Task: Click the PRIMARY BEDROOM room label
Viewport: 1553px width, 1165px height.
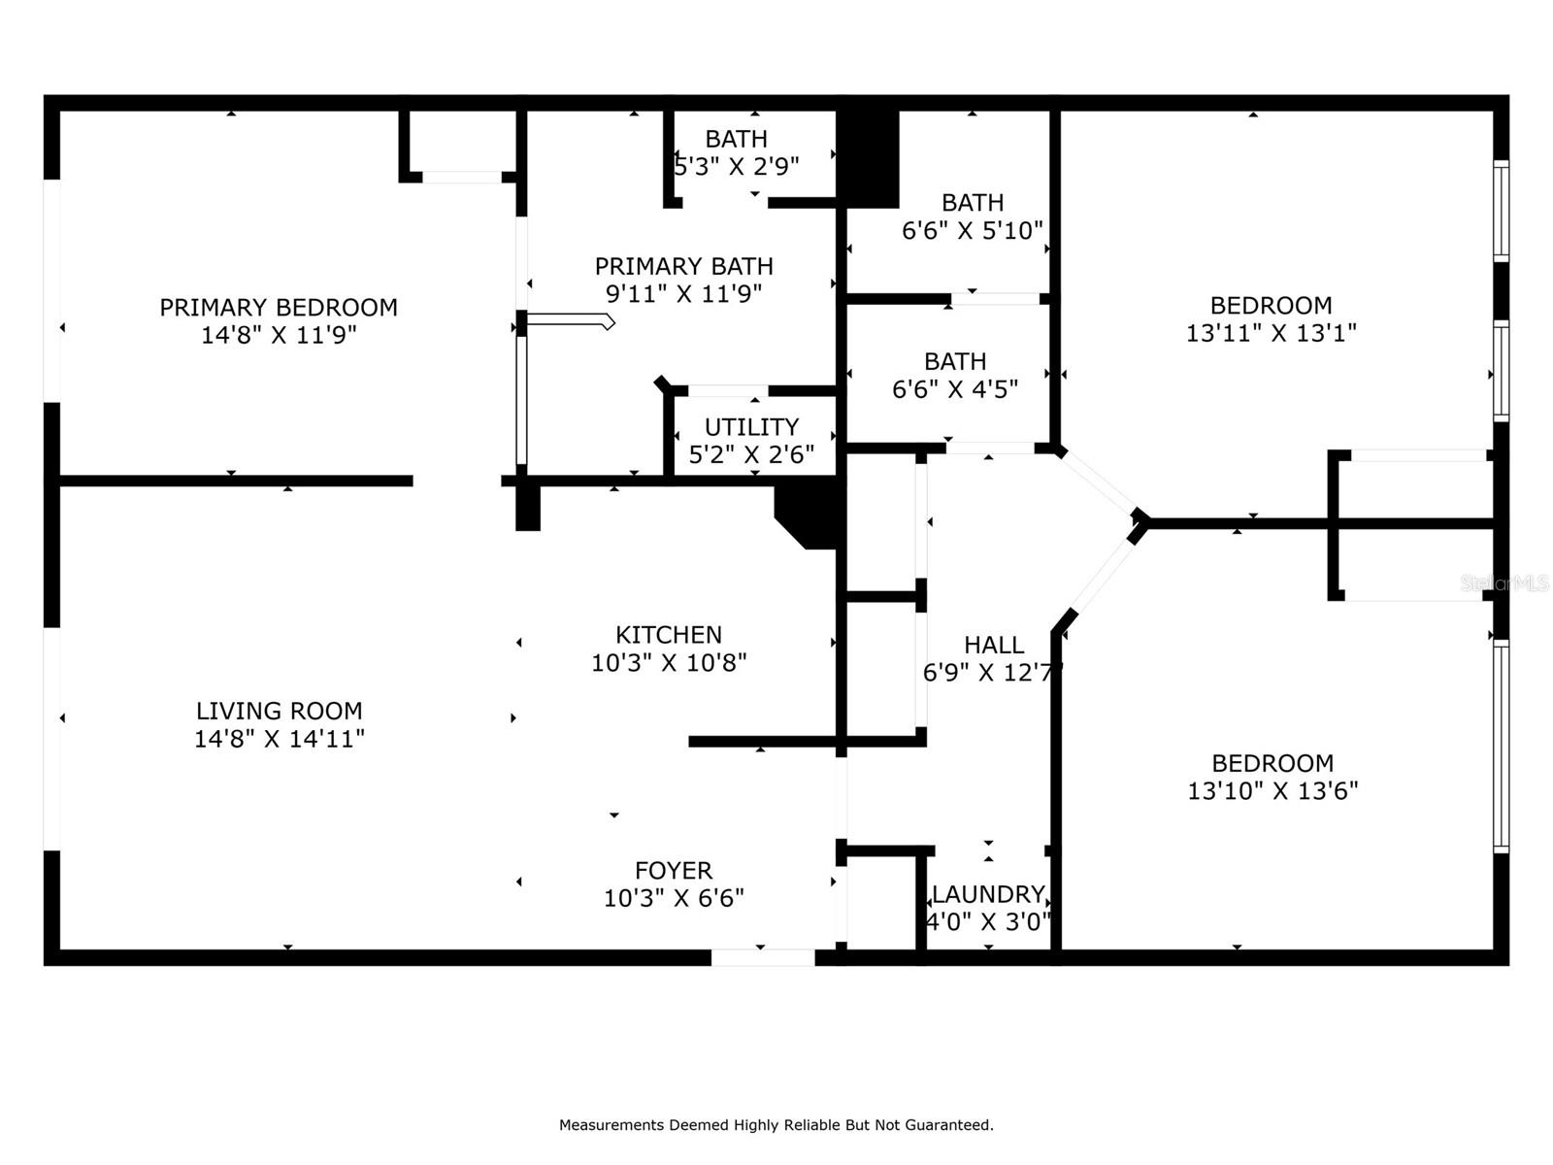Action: pos(278,308)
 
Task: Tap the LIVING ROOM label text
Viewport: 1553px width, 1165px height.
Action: pos(279,711)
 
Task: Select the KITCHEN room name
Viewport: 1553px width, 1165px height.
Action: pos(669,635)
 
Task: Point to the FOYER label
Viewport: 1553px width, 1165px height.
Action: pos(674,871)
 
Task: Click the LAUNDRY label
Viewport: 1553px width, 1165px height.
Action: pos(988,895)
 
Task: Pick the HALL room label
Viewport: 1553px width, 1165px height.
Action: pos(994,645)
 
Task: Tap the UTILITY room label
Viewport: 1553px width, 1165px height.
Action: pos(751,427)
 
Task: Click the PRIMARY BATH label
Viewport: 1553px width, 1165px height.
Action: pos(683,267)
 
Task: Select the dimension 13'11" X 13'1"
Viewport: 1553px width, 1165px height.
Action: pos(1271,333)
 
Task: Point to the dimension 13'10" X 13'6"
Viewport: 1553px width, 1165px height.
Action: pos(1272,791)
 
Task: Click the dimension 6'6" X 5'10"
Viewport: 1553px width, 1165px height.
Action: pos(973,231)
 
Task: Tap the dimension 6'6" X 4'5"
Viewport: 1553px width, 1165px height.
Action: pos(954,389)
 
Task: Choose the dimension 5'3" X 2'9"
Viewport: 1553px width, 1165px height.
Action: pos(737,167)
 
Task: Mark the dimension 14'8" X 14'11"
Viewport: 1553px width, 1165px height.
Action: pos(280,739)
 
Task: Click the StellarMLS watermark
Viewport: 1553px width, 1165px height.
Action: pos(1504,583)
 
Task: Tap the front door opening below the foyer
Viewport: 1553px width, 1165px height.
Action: pos(763,957)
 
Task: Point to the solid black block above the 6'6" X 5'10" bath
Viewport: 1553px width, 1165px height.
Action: pos(868,159)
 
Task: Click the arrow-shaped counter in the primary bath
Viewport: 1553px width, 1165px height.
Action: pos(571,322)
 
